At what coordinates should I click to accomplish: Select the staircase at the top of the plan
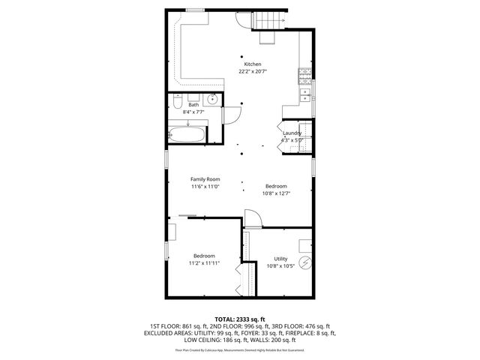[x=271, y=26]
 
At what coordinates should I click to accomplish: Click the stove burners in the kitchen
[x=305, y=73]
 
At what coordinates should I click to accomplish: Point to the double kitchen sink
[x=306, y=94]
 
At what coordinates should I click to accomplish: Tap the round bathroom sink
[x=213, y=98]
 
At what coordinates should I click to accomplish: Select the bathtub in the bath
[x=187, y=136]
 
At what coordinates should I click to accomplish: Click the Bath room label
[x=193, y=105]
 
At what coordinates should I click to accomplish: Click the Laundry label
[x=292, y=133]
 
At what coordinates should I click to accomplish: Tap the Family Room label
[x=205, y=179]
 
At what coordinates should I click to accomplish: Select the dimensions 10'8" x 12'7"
[x=276, y=193]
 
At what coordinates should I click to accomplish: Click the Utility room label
[x=280, y=259]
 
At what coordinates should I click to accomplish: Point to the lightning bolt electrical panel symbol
[x=305, y=262]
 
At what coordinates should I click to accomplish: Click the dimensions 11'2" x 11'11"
[x=204, y=263]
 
